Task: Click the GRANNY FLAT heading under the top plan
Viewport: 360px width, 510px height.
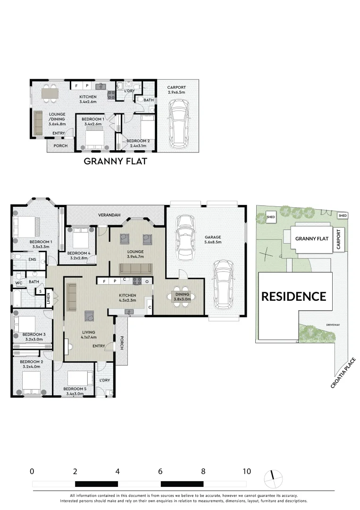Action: [115, 161]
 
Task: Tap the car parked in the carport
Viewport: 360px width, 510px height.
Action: [178, 126]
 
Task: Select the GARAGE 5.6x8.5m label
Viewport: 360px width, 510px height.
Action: [212, 239]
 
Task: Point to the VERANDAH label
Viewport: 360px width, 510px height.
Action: [109, 215]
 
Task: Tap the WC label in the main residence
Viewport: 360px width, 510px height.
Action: [19, 283]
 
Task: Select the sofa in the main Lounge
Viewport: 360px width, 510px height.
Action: [135, 269]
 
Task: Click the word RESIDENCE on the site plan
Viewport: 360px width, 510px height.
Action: [294, 297]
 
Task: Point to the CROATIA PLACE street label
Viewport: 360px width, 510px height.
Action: [343, 373]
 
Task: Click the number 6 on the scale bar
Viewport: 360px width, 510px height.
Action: [160, 471]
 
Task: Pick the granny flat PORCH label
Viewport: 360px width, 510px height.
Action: [60, 146]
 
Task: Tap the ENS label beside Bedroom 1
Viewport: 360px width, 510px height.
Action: [33, 259]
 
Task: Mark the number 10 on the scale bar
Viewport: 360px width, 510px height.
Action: [246, 471]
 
